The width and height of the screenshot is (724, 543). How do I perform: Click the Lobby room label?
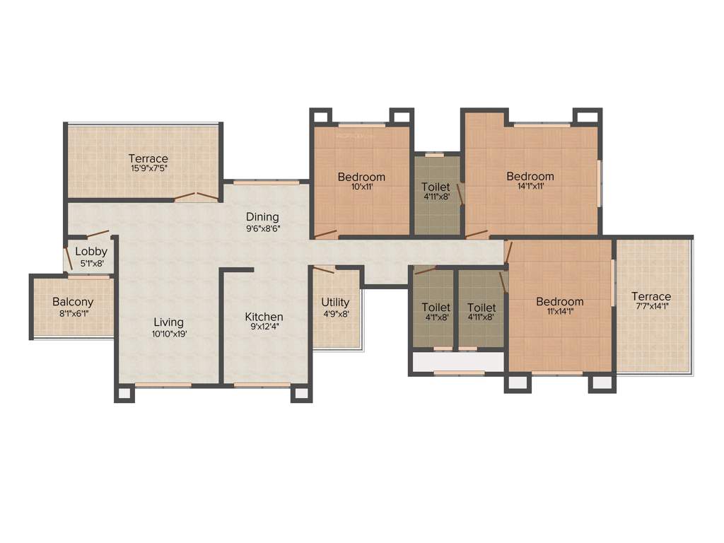(91, 251)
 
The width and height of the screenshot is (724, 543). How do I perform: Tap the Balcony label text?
(73, 302)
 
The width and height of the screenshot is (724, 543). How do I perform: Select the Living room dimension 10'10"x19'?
(168, 334)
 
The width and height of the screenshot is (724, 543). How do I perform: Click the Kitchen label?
(264, 317)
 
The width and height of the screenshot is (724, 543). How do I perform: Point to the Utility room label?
(335, 302)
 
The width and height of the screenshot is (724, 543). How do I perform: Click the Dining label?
(262, 216)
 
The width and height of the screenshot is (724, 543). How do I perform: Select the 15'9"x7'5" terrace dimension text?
(148, 169)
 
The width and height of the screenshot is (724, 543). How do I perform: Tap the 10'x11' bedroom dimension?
(361, 187)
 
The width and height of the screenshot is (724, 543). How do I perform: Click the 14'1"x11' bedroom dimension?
(530, 187)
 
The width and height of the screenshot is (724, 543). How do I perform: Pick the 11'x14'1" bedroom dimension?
(559, 312)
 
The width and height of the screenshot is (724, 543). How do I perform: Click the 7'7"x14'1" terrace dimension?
(651, 307)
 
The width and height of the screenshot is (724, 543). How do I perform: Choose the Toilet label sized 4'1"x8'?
(436, 317)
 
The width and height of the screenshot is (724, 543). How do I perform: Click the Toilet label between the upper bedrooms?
(436, 187)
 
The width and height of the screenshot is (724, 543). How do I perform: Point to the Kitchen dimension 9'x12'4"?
(264, 327)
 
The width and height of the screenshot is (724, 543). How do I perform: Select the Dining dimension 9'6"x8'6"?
(262, 228)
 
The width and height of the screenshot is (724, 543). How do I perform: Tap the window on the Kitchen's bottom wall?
(262, 385)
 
